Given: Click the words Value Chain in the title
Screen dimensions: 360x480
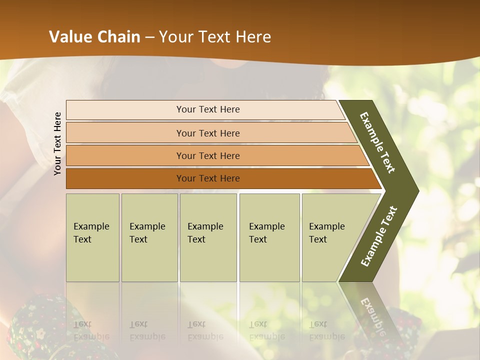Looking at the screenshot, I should (x=94, y=37).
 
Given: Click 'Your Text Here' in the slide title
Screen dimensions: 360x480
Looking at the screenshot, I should (x=215, y=37).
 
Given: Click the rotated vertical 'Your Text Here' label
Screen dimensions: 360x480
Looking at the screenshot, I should (x=57, y=143).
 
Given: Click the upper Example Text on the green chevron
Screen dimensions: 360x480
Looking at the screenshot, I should (x=377, y=142).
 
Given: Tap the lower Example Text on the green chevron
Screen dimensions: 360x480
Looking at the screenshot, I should (x=378, y=236).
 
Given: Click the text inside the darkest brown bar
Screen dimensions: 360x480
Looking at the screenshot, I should (x=208, y=178).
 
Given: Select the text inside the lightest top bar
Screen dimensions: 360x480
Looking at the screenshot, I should (x=208, y=109).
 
